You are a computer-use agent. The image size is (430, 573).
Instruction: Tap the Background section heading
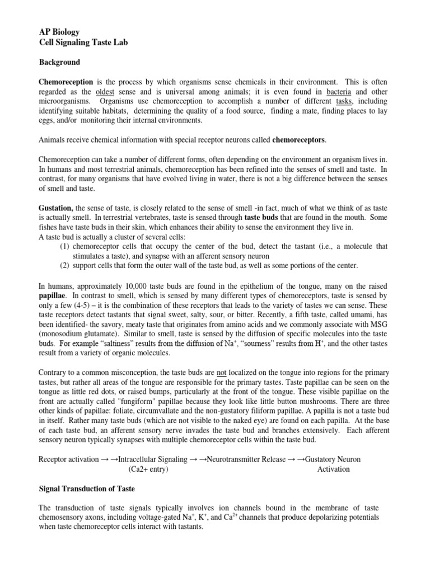tap(59, 62)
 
